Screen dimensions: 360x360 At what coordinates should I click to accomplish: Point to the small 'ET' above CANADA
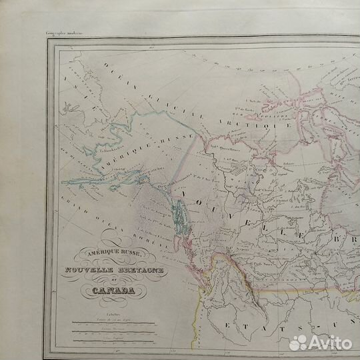[106, 279]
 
